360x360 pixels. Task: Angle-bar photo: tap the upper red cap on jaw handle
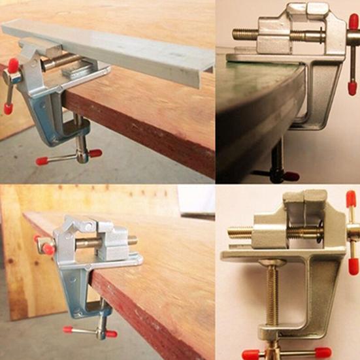(13, 65)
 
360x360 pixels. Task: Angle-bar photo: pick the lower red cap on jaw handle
(8, 107)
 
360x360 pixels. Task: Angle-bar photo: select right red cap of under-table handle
(95, 154)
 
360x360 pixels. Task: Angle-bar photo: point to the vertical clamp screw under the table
(82, 134)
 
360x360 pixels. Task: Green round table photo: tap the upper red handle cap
(353, 22)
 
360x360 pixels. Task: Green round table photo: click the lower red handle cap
(353, 88)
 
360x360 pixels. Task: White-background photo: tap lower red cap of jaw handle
(353, 265)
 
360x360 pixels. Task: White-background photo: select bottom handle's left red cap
(250, 355)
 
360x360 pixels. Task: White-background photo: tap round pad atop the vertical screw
(272, 263)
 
